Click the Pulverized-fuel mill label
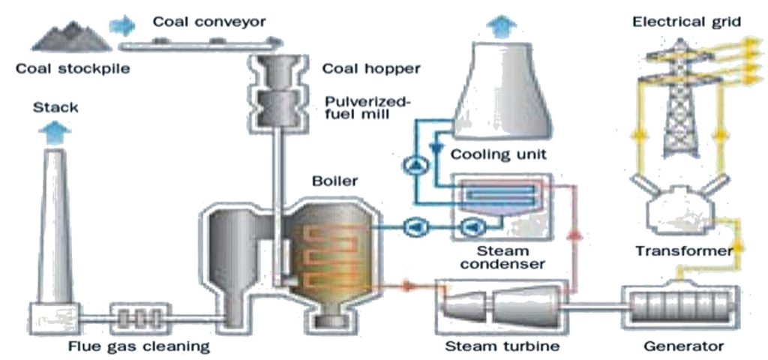362,110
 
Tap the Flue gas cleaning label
134,346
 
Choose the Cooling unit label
499,155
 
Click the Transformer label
683,251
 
